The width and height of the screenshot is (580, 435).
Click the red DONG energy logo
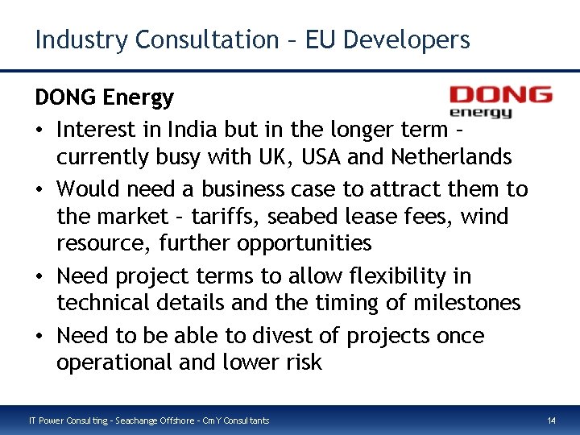(500, 101)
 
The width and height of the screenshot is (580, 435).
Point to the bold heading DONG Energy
(104, 98)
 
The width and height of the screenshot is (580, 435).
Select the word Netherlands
(449, 156)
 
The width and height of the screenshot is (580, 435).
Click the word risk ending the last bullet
(302, 362)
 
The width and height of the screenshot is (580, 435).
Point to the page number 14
(551, 420)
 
